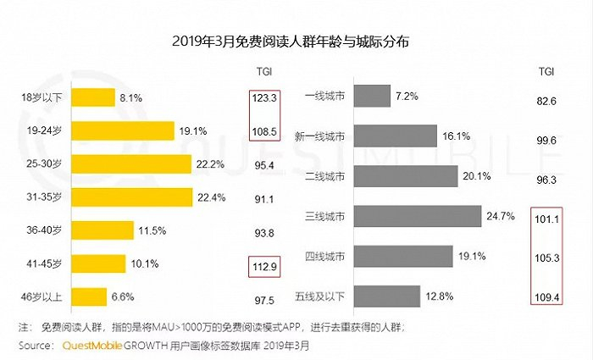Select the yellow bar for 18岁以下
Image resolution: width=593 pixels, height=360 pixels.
pos(91,98)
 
